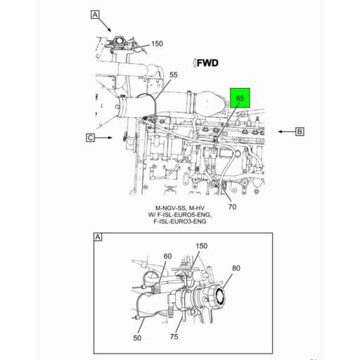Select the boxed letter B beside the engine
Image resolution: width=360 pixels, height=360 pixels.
[x=299, y=131]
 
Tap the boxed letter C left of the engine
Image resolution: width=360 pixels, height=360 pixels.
[x=91, y=138]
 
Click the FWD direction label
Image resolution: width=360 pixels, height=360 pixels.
[x=205, y=63]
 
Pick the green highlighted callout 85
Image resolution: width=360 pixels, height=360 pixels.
[x=240, y=99]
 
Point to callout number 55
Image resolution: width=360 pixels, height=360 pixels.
[x=173, y=75]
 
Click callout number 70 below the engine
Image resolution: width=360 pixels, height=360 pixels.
[x=232, y=207]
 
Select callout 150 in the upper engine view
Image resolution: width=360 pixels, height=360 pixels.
[x=156, y=44]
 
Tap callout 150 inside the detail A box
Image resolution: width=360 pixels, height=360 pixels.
[x=202, y=245]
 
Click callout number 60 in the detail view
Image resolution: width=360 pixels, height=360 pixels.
[x=167, y=256]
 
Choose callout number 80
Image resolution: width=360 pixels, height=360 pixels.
[x=236, y=268]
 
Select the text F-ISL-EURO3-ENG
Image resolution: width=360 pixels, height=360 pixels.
[x=182, y=221]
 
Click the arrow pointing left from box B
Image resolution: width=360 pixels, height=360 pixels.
[x=284, y=131]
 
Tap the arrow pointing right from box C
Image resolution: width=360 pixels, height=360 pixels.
[x=105, y=138]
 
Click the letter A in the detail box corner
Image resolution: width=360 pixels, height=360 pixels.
[x=97, y=237]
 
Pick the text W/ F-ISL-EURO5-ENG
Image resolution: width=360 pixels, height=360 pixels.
[x=179, y=214]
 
